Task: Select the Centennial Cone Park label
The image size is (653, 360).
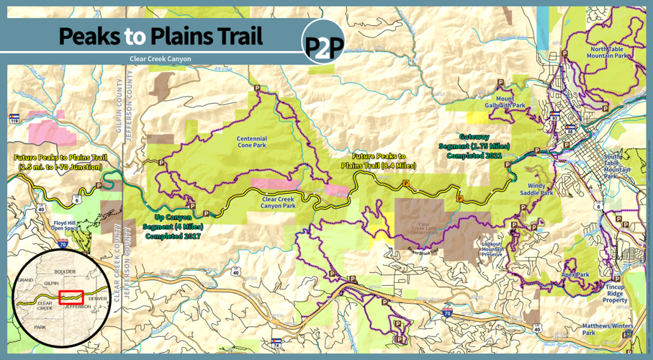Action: [251, 142]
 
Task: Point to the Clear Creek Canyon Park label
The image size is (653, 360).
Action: [279, 202]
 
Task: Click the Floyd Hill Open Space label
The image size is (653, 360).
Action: [70, 227]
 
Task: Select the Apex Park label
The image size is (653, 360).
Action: [575, 275]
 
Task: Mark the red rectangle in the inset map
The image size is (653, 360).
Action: [71, 297]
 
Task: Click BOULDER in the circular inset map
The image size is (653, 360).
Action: [64, 271]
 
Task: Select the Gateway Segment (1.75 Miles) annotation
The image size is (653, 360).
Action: [474, 145]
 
